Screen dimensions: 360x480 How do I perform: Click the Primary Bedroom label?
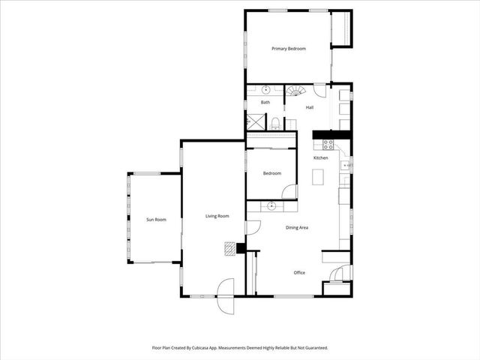point(289,49)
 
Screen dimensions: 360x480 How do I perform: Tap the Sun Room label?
point(155,219)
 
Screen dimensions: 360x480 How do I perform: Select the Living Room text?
point(217,216)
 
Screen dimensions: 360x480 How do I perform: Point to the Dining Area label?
point(298,227)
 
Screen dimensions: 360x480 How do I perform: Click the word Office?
point(299,272)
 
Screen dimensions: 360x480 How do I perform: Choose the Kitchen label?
point(321,158)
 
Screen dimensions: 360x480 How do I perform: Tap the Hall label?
point(309,108)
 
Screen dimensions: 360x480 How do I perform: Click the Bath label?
point(265,103)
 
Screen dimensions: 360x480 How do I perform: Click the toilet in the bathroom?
point(276,123)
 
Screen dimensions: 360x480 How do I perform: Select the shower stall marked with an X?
point(256,122)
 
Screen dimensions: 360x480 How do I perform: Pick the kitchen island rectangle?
point(318,177)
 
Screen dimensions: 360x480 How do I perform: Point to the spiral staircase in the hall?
point(297,91)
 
